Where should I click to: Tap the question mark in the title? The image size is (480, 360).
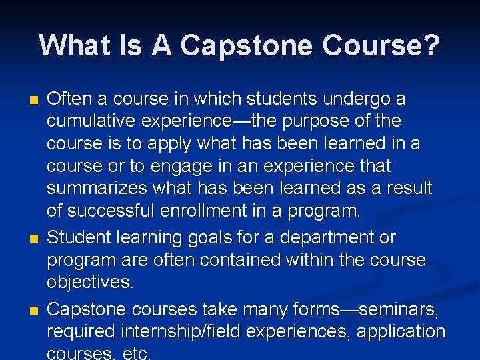431,46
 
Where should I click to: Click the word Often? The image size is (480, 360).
70,99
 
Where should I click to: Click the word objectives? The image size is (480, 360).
91,283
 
